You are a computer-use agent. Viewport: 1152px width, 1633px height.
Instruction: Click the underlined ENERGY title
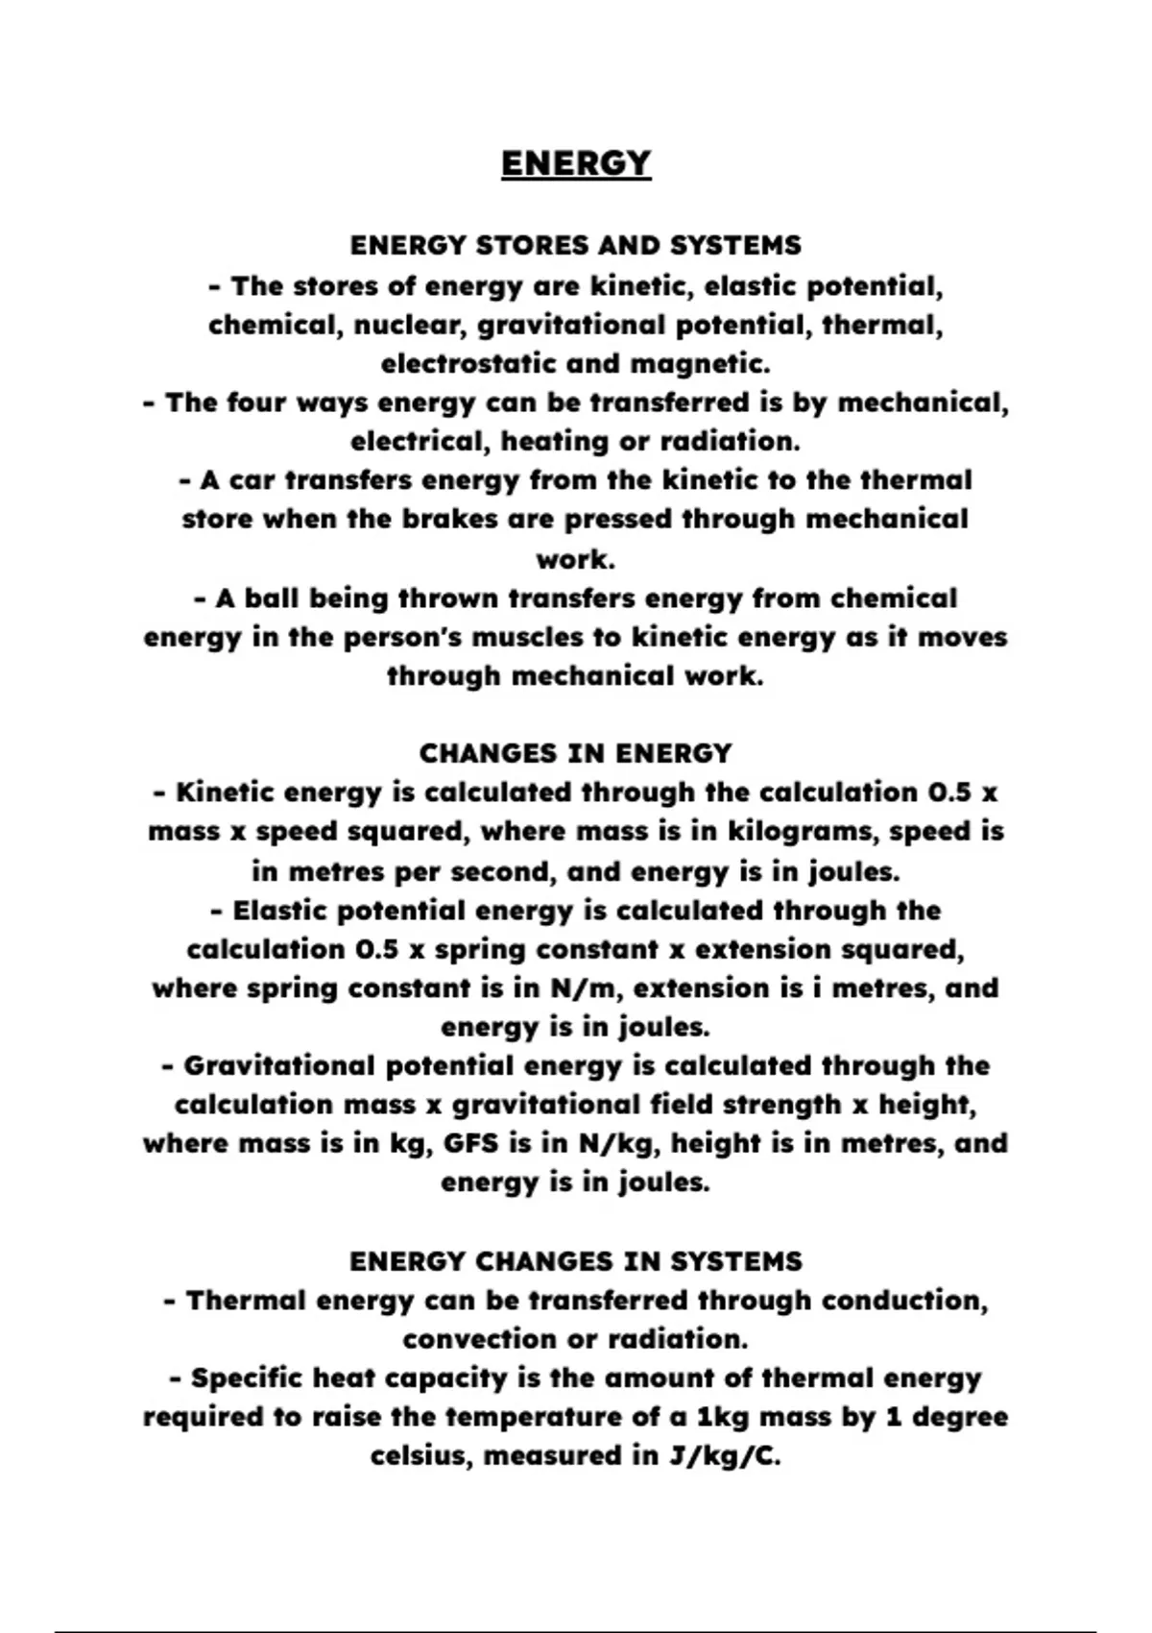576,163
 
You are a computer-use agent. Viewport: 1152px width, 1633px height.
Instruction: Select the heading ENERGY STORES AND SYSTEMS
576,246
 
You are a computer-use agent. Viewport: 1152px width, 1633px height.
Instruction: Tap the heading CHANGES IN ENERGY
576,753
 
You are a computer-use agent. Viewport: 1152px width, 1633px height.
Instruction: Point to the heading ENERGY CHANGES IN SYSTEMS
576,1261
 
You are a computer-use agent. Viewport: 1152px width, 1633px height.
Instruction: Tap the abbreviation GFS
471,1144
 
